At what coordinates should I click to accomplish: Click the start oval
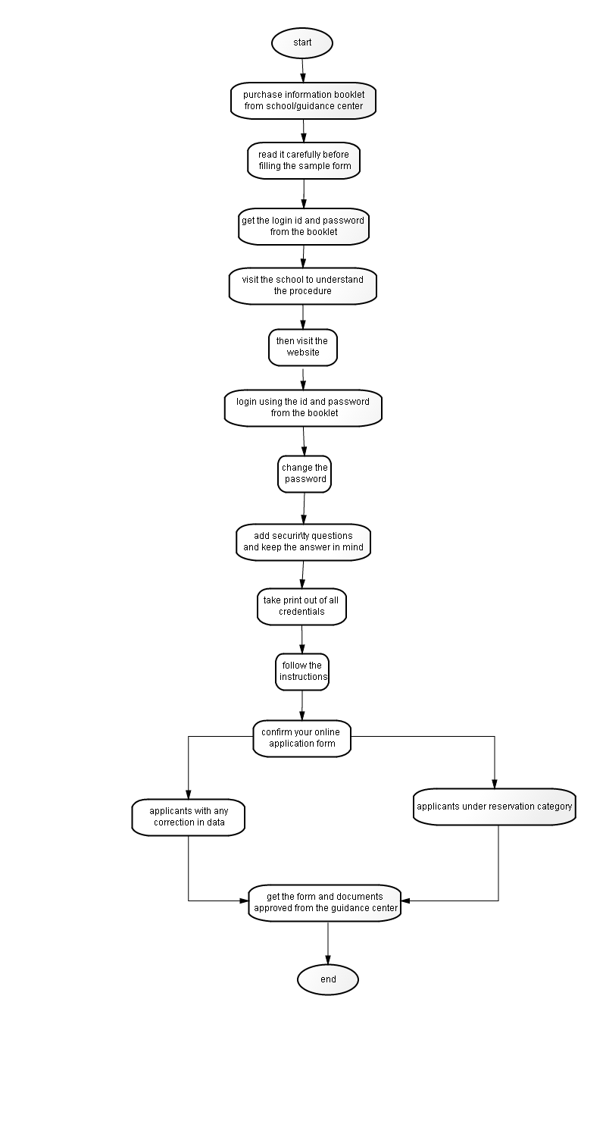[302, 42]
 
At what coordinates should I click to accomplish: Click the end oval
[327, 979]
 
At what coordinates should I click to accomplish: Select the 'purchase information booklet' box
[303, 101]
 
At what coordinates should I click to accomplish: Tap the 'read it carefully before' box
[304, 161]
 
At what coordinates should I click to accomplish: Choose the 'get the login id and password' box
[304, 227]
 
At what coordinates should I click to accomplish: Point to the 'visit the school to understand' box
[303, 286]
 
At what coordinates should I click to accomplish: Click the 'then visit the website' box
[303, 347]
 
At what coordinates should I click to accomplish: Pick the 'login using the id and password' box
[303, 408]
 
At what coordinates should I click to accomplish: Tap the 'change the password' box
[305, 474]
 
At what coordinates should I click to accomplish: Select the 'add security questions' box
[303, 542]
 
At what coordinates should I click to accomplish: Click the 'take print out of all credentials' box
[301, 606]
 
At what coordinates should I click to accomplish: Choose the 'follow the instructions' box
[302, 672]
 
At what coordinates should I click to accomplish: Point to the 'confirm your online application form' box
[301, 738]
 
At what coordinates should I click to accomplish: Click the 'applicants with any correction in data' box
[188, 817]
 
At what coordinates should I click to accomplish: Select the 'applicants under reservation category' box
[495, 806]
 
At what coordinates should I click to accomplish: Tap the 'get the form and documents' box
[324, 903]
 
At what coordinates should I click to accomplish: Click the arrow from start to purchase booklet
[303, 70]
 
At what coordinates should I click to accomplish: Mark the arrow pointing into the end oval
[327, 943]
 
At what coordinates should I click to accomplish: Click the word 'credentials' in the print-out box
[301, 612]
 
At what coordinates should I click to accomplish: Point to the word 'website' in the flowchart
[303, 352]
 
